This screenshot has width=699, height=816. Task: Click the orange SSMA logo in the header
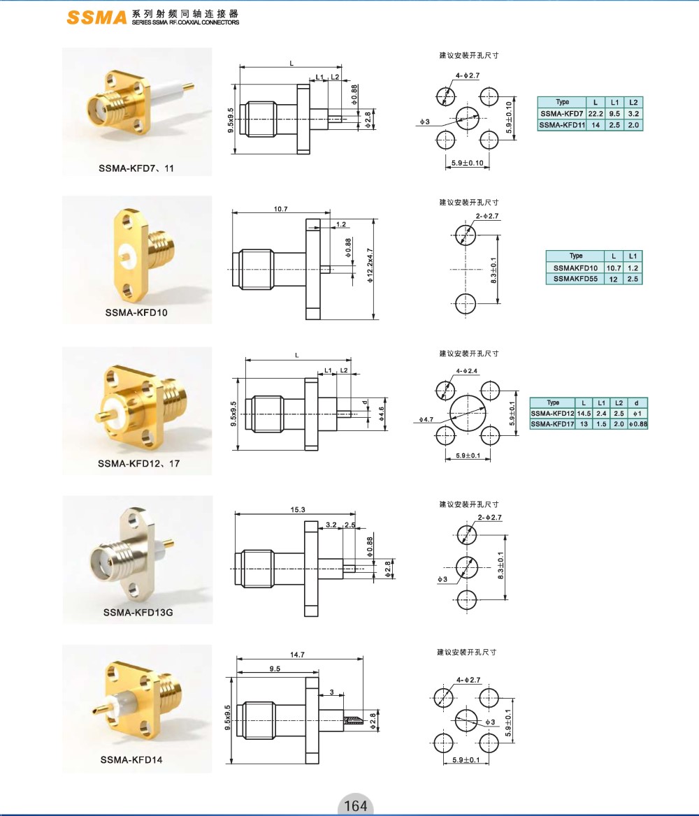(96, 17)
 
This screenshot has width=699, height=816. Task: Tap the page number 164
(355, 806)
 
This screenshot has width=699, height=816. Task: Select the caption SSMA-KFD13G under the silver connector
(138, 613)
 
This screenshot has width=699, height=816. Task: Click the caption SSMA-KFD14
(131, 760)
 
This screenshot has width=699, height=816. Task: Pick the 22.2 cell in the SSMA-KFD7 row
(596, 113)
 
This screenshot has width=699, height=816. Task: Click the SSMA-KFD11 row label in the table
(562, 125)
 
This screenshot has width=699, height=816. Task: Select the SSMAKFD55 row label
(575, 279)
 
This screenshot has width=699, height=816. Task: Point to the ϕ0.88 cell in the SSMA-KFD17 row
(637, 424)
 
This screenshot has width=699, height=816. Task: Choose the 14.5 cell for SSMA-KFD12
(584, 413)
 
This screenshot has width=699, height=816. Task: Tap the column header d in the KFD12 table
(637, 403)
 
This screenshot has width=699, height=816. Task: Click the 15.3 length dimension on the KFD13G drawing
(297, 509)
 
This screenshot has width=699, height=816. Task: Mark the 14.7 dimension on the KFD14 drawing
(297, 655)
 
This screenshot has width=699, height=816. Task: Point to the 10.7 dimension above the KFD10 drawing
(281, 209)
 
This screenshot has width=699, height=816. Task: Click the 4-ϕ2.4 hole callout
(467, 371)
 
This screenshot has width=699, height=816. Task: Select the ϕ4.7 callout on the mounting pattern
(426, 419)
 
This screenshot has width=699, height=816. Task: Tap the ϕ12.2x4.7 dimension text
(370, 265)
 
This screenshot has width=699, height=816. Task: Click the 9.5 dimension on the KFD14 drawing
(275, 669)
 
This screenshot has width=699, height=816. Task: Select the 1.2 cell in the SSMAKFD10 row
(633, 268)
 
